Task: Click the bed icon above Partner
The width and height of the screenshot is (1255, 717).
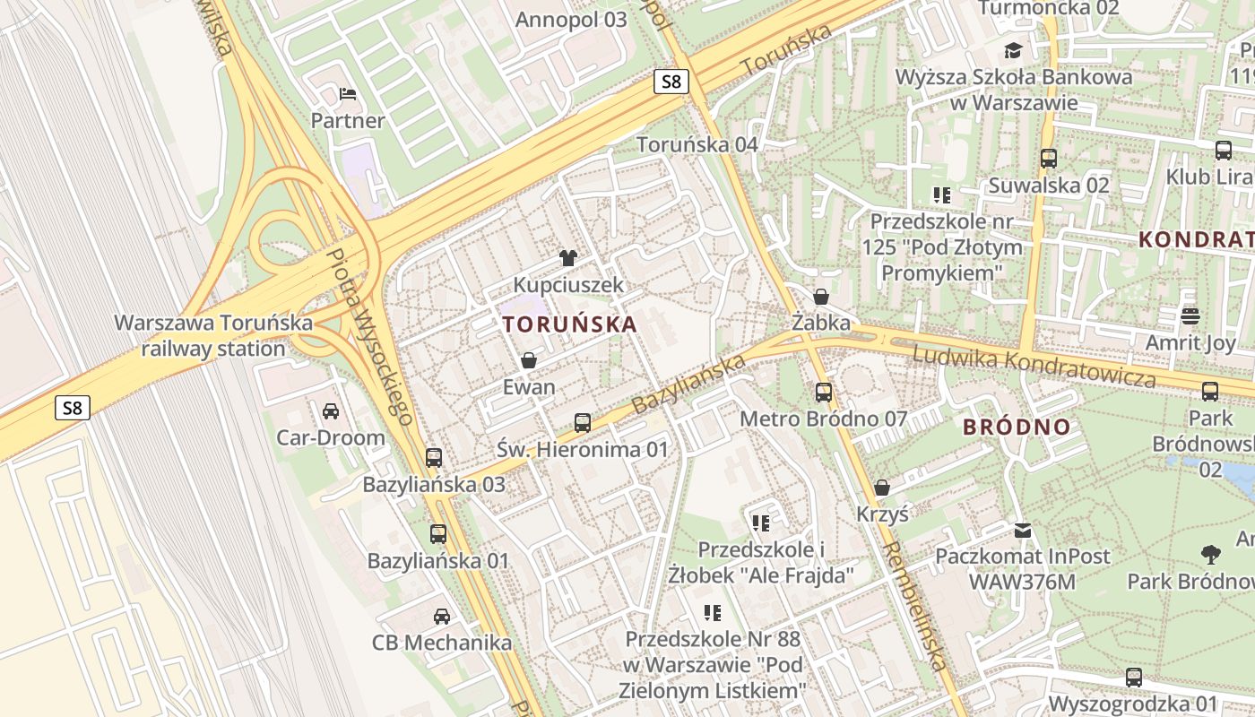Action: point(348,94)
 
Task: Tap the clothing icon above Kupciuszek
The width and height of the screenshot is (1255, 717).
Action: point(567,258)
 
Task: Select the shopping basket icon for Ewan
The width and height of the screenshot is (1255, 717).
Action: point(529,360)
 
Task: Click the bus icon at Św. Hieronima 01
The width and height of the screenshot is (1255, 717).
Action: point(583,422)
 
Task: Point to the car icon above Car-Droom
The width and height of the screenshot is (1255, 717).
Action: point(330,411)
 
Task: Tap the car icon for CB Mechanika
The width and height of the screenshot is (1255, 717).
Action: point(441,616)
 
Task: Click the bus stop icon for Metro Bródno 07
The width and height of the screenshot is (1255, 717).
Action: point(823,392)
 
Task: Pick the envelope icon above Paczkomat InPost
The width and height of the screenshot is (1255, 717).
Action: point(1022,530)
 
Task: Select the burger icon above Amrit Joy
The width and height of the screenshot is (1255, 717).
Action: point(1190,315)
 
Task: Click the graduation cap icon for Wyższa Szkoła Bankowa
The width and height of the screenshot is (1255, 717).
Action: point(1013,50)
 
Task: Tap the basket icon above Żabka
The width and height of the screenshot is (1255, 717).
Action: point(820,296)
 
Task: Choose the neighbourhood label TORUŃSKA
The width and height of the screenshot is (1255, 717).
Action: point(570,324)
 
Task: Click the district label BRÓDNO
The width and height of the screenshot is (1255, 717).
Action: point(1017,427)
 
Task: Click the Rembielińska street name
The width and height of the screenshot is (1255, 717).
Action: point(914,606)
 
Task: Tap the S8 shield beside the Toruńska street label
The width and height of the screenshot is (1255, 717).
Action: point(671,82)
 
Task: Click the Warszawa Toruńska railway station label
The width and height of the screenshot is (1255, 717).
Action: point(213,335)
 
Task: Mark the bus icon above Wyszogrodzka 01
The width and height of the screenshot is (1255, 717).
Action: point(1133,677)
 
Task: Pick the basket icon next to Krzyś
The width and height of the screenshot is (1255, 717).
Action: point(882,488)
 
